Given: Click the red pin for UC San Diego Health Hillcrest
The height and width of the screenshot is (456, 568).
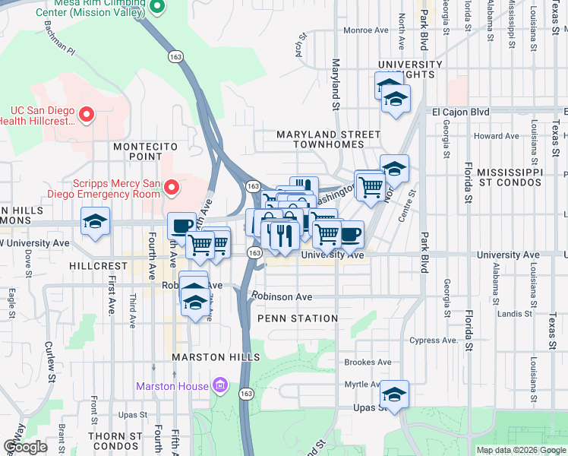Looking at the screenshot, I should tap(86, 116).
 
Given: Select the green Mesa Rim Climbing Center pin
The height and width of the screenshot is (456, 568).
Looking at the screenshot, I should tap(157, 7).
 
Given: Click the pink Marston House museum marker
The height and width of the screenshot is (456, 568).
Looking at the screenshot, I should tap(220, 386).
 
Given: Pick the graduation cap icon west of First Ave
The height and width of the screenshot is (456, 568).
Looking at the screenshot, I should tap(95, 222).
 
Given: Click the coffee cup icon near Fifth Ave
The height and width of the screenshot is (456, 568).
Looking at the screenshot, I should tap(181, 226).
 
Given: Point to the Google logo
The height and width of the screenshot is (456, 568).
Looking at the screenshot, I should tap(25, 447).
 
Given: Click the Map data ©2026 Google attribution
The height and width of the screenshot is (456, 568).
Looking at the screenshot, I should tap(520, 450).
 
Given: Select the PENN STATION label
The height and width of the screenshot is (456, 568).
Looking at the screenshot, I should tap(298, 318).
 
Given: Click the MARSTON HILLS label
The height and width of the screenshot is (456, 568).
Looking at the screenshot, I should tap(216, 356).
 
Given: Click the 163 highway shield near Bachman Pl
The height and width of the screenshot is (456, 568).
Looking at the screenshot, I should tap(176, 57).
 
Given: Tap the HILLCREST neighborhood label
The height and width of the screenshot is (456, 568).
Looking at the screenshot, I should tap(98, 267).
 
